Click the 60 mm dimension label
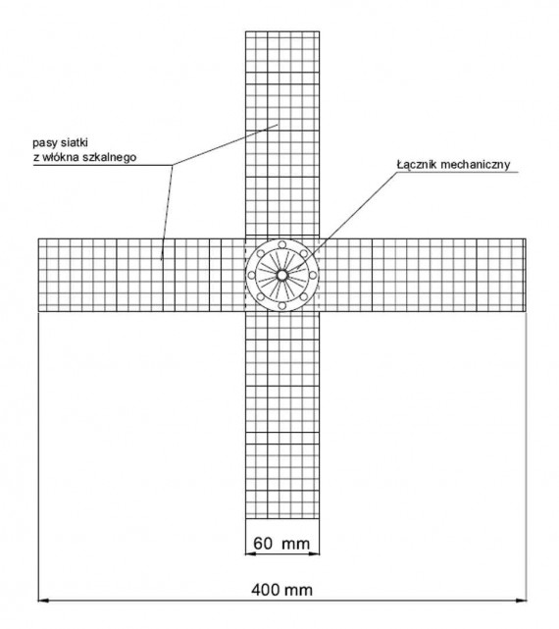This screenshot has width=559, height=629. (x=281, y=544)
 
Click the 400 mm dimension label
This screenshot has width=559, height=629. (x=281, y=590)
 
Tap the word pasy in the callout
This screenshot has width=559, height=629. (x=45, y=143)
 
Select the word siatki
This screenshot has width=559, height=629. (x=75, y=142)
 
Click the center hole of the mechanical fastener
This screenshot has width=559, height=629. (x=281, y=275)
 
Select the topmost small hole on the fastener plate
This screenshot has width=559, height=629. (x=281, y=244)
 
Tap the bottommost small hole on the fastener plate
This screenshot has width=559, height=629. (x=281, y=306)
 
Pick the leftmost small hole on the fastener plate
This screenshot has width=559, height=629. (x=251, y=275)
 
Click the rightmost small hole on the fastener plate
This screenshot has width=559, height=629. (x=313, y=275)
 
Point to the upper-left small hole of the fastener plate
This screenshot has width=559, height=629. (x=260, y=253)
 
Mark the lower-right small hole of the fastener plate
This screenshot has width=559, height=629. (x=304, y=297)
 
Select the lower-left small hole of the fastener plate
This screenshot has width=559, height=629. (x=260, y=297)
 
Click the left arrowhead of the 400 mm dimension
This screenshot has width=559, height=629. (x=43, y=601)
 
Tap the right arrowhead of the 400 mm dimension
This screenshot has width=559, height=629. (x=521, y=601)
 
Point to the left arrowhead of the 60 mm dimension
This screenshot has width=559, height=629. (x=250, y=554)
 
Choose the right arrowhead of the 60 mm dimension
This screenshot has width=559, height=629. (x=315, y=554)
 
